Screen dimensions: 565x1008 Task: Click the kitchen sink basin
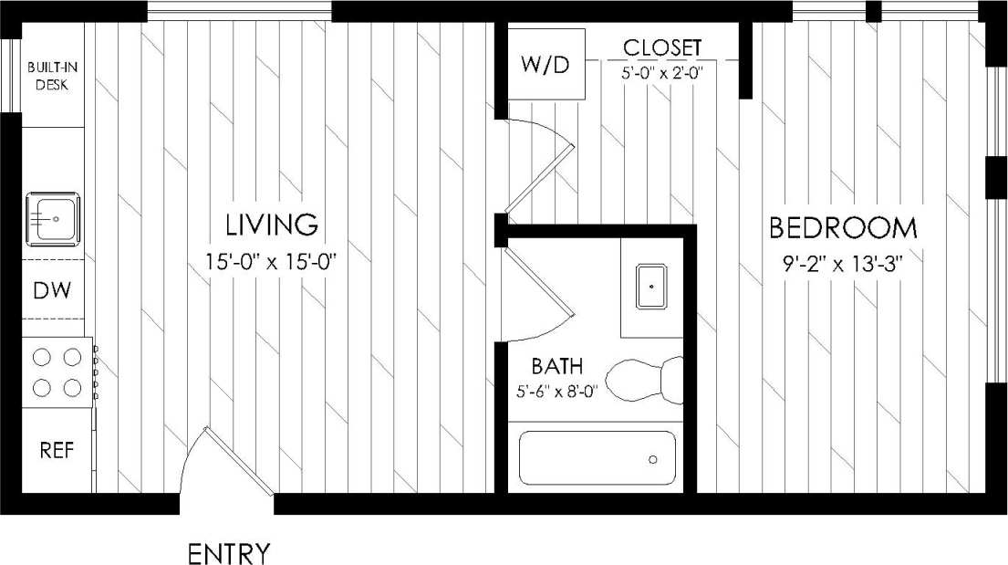54,218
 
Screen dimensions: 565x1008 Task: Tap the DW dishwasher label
52,290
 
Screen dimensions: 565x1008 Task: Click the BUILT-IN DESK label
53,76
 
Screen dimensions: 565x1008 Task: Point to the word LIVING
272,224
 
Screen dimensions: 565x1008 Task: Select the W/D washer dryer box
546,65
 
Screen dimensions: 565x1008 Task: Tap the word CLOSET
662,47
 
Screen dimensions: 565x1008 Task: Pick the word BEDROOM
843,227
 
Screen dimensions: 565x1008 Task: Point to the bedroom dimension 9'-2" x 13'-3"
843,266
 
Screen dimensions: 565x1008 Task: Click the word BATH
556,367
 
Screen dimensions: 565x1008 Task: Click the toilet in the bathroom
646,381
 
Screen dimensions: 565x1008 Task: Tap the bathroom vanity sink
651,286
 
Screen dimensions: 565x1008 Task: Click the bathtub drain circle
653,459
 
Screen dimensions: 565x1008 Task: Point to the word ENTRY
229,553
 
